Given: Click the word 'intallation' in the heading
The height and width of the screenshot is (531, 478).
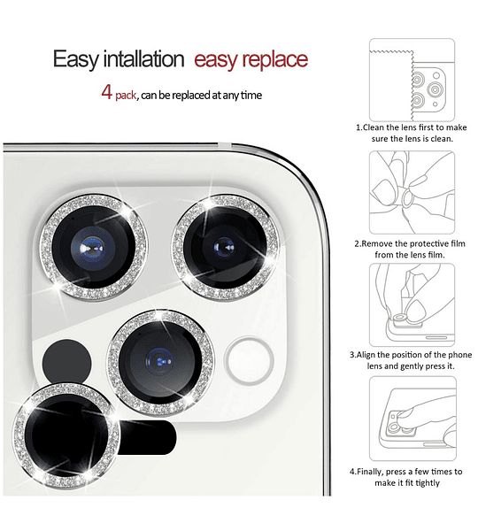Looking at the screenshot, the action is tap(143, 59).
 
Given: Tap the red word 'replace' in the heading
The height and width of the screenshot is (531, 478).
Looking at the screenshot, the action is tap(275, 60).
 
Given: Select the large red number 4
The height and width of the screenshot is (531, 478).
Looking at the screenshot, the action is tap(107, 92).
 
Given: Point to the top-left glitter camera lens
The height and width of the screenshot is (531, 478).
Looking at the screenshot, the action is tap(94, 248).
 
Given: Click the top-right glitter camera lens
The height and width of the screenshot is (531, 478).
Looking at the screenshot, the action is tap(226, 248).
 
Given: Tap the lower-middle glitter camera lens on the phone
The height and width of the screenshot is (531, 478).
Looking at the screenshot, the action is tap(160, 362).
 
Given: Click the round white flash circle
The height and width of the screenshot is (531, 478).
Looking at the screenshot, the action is tap(249, 360).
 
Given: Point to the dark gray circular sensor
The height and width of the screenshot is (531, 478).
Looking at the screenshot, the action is tap(66, 363).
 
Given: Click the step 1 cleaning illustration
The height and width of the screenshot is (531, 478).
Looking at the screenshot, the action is tap(412, 80).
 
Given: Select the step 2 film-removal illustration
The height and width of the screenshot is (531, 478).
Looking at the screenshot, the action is tap(412, 192).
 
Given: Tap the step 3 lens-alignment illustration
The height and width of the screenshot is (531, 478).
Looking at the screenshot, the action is tap(412, 304).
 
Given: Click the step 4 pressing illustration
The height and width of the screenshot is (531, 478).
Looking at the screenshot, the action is tap(412, 419).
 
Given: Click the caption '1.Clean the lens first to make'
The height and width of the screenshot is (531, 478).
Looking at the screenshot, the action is tap(412, 127).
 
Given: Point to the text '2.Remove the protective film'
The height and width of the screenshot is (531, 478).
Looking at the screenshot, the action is tap(410, 244).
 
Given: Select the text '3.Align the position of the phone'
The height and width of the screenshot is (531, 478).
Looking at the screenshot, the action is tap(411, 355).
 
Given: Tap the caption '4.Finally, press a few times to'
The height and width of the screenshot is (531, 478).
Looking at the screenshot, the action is tap(406, 472).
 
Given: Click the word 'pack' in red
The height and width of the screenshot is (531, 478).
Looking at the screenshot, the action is tap(126, 96).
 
